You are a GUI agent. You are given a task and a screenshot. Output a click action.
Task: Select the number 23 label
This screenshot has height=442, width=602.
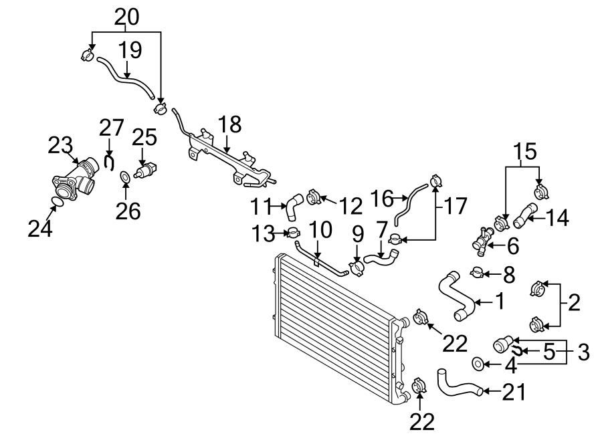pos(60,146)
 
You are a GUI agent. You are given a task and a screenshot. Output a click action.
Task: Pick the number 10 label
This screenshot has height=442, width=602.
pos(320,230)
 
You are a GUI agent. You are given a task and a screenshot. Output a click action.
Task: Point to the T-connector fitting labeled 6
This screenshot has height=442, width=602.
pos(483,240)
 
